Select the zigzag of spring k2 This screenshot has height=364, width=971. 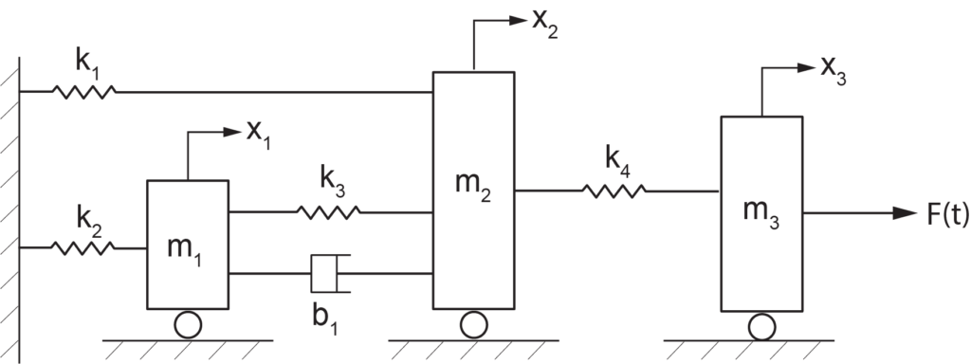pos(83,247)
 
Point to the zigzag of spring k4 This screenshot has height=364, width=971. pos(614,191)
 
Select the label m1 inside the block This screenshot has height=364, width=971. pos(185,247)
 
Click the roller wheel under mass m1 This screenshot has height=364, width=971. pos(187,325)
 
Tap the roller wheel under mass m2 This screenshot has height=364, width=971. pos(471,325)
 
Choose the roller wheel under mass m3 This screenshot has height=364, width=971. pos(760,327)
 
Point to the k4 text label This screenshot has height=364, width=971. pos(616,160)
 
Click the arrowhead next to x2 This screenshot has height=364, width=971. pos(518,18)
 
